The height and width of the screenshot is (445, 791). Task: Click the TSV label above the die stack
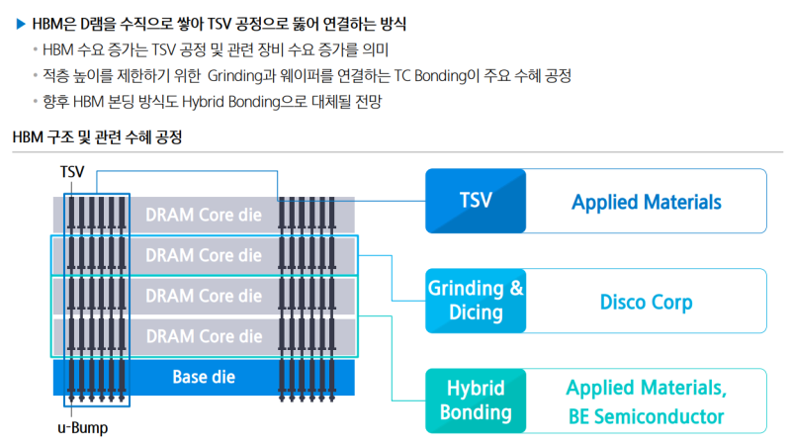(72, 171)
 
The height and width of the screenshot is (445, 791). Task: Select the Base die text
(204, 377)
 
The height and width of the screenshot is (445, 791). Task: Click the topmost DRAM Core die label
(204, 215)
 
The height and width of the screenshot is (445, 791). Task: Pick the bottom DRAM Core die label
(204, 336)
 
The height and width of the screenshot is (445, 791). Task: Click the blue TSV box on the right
(476, 201)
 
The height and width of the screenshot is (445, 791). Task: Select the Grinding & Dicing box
(476, 301)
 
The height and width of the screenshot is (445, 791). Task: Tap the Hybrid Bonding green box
(476, 400)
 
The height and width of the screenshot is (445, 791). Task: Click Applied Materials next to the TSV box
(647, 202)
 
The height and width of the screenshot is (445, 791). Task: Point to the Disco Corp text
(647, 302)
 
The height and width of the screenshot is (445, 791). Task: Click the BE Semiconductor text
(647, 416)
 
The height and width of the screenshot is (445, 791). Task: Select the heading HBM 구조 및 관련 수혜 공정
(96, 137)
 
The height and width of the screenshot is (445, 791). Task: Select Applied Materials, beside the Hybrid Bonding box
(647, 387)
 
